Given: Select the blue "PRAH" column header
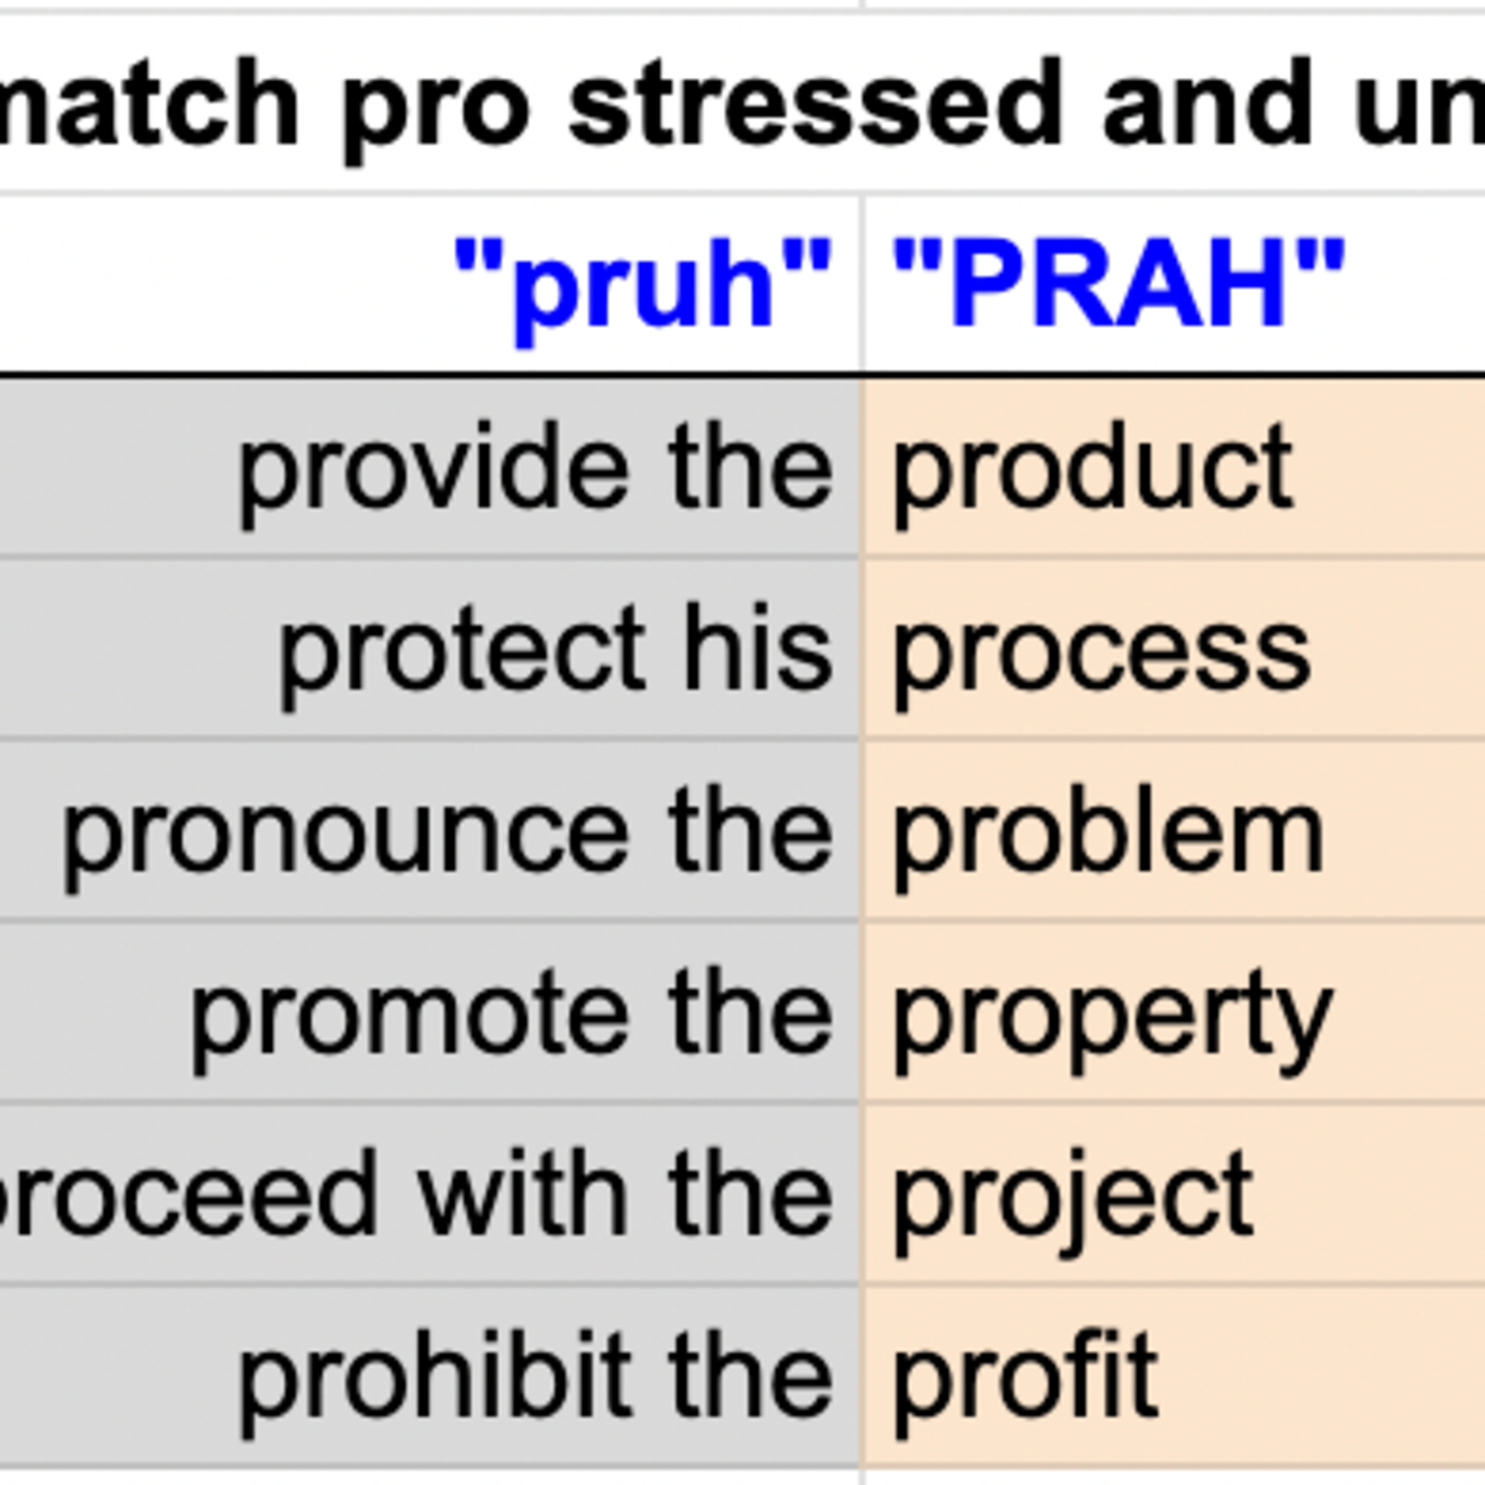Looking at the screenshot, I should [1118, 283].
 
